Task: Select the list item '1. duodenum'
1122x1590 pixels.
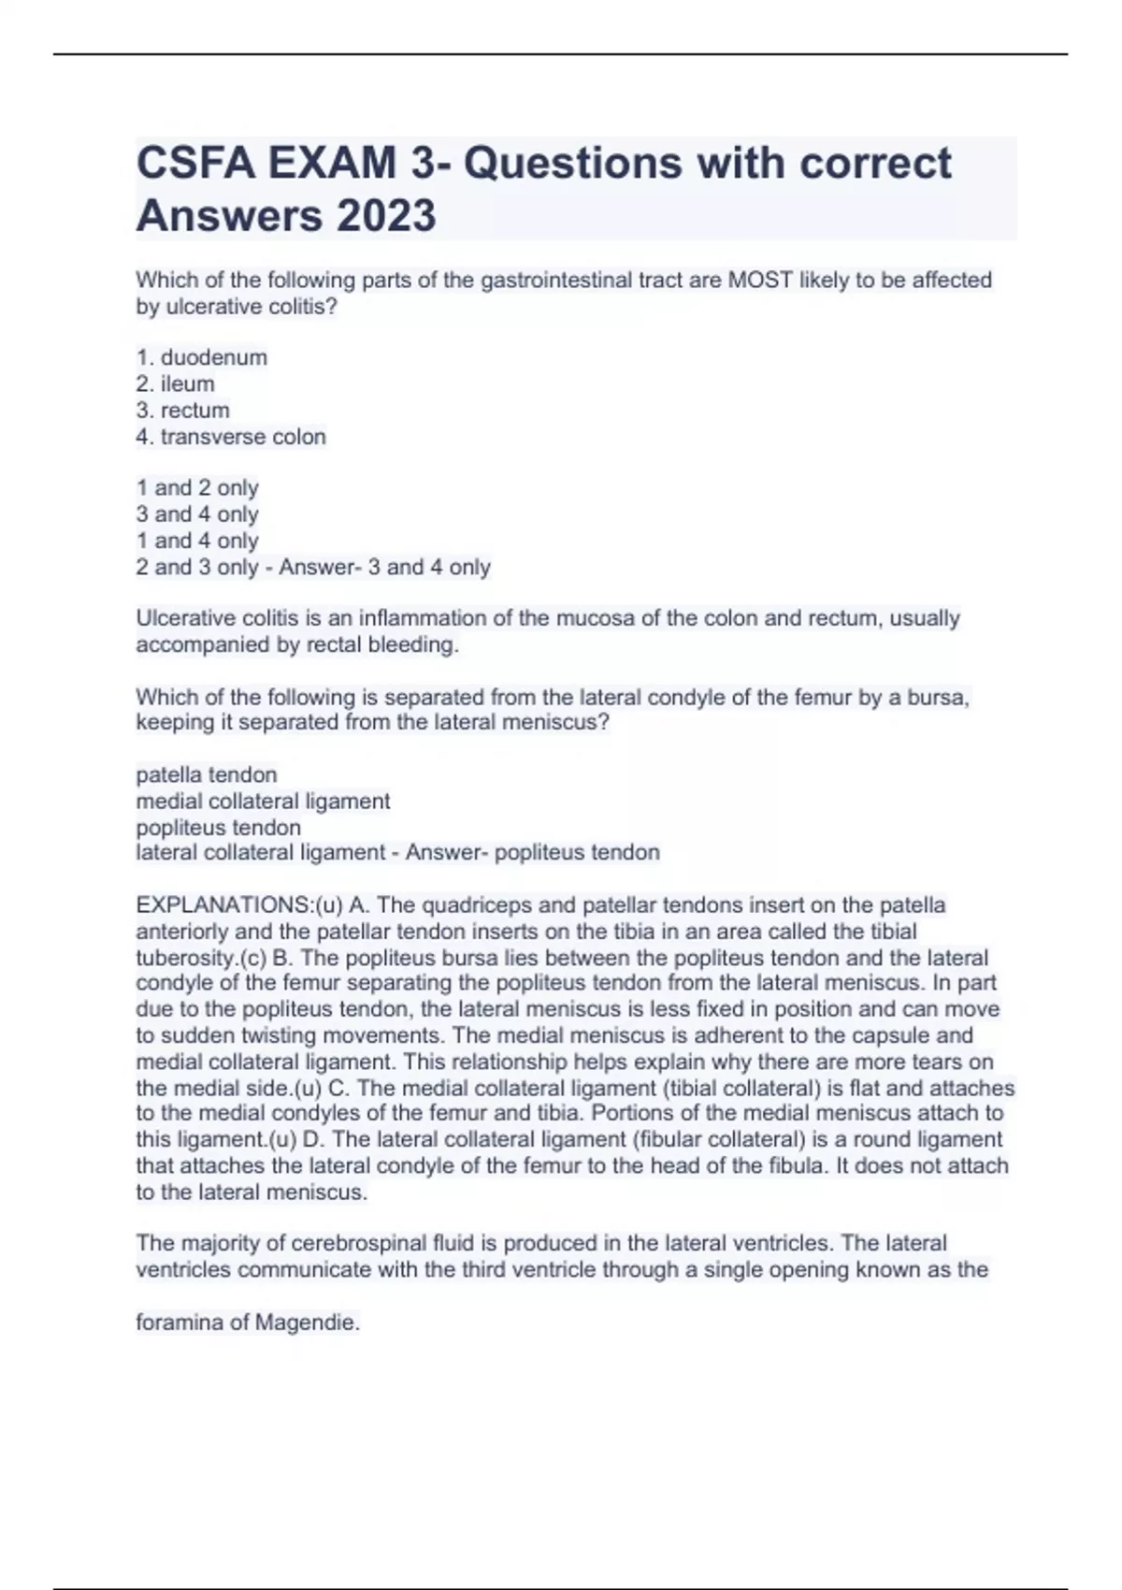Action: coord(202,357)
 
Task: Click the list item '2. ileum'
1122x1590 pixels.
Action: coord(176,383)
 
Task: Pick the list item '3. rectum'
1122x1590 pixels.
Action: coord(183,410)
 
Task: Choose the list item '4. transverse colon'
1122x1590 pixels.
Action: coord(231,437)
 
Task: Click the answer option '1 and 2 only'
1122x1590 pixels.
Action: coord(197,487)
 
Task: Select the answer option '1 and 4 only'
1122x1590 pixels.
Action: coord(197,541)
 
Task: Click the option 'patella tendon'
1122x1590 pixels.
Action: coord(207,774)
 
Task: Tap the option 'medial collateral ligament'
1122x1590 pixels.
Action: coord(263,802)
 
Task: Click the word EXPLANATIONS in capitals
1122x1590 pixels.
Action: coord(223,905)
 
